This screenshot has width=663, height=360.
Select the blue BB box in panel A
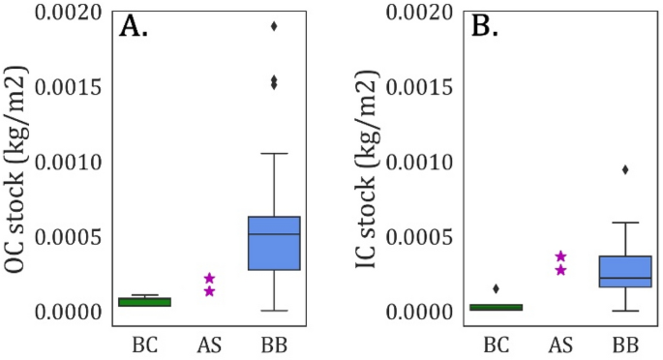(274, 256)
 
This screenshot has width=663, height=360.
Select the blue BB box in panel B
(624, 271)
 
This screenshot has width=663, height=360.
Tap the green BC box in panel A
(145, 302)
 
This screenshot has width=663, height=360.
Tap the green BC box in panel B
(496, 307)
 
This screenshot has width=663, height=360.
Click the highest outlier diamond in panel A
(274, 26)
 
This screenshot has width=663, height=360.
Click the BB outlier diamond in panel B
(624, 169)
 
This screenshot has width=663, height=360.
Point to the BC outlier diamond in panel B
(496, 288)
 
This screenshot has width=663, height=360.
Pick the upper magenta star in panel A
(210, 278)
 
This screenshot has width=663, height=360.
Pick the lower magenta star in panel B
(560, 270)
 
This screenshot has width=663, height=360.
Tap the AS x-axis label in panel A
(210, 344)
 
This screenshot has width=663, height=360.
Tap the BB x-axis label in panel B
(624, 344)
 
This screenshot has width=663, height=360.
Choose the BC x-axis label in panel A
(145, 344)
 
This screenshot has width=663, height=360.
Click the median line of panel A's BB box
(274, 234)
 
